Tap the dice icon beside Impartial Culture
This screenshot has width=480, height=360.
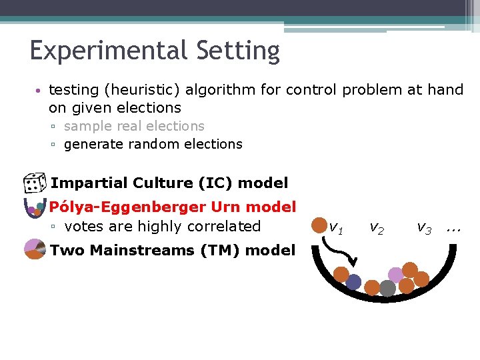(33, 183)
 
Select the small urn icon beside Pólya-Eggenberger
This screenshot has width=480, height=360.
(33, 209)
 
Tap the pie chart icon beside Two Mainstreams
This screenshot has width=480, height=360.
(34, 250)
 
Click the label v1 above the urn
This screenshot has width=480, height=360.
(336, 228)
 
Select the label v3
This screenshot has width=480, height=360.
(423, 228)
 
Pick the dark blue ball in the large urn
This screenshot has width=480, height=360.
(353, 282)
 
